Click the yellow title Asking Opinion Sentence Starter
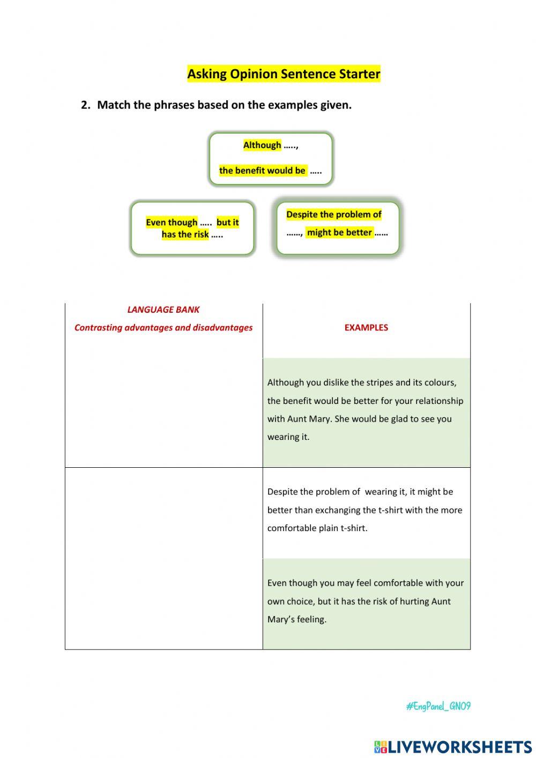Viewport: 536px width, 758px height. [x=284, y=74]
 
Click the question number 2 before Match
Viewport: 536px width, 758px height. [x=85, y=105]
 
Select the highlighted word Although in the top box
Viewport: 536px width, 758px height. [x=262, y=145]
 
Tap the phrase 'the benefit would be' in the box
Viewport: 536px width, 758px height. [x=262, y=171]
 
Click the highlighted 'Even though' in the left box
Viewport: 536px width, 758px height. [x=172, y=222]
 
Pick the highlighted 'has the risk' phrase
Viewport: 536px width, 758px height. [x=185, y=234]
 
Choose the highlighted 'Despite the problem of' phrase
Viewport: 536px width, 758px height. [x=333, y=215]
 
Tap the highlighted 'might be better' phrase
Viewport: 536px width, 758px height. [x=339, y=232]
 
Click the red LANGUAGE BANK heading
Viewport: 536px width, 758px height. [x=163, y=310]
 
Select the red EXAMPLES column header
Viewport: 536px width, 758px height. [x=366, y=327]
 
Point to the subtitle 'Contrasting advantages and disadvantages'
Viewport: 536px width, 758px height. [x=163, y=327]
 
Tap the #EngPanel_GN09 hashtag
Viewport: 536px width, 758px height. [x=438, y=706]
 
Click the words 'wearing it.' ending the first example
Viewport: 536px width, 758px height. [x=288, y=437]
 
